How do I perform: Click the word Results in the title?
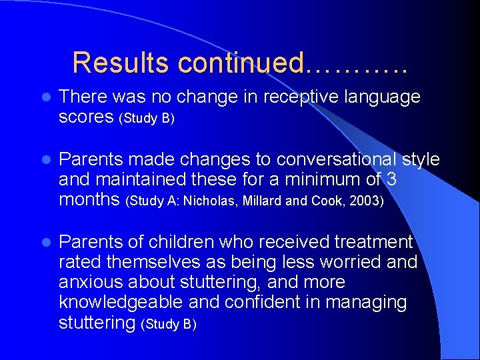(x=121, y=63)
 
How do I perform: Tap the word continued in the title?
(x=240, y=63)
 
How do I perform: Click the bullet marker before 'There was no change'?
(x=44, y=98)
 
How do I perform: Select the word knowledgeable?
(x=121, y=303)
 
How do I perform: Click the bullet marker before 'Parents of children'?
(x=44, y=243)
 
